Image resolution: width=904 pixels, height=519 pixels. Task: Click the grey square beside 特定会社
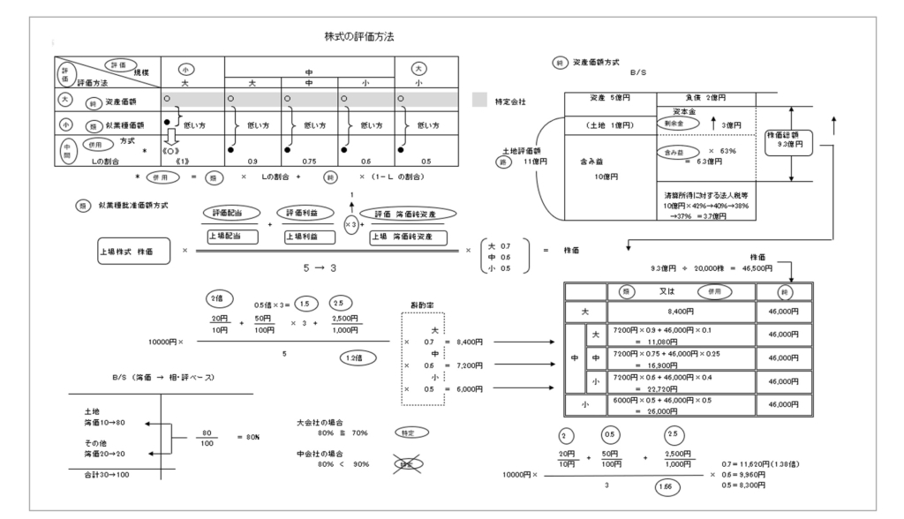coord(478,100)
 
